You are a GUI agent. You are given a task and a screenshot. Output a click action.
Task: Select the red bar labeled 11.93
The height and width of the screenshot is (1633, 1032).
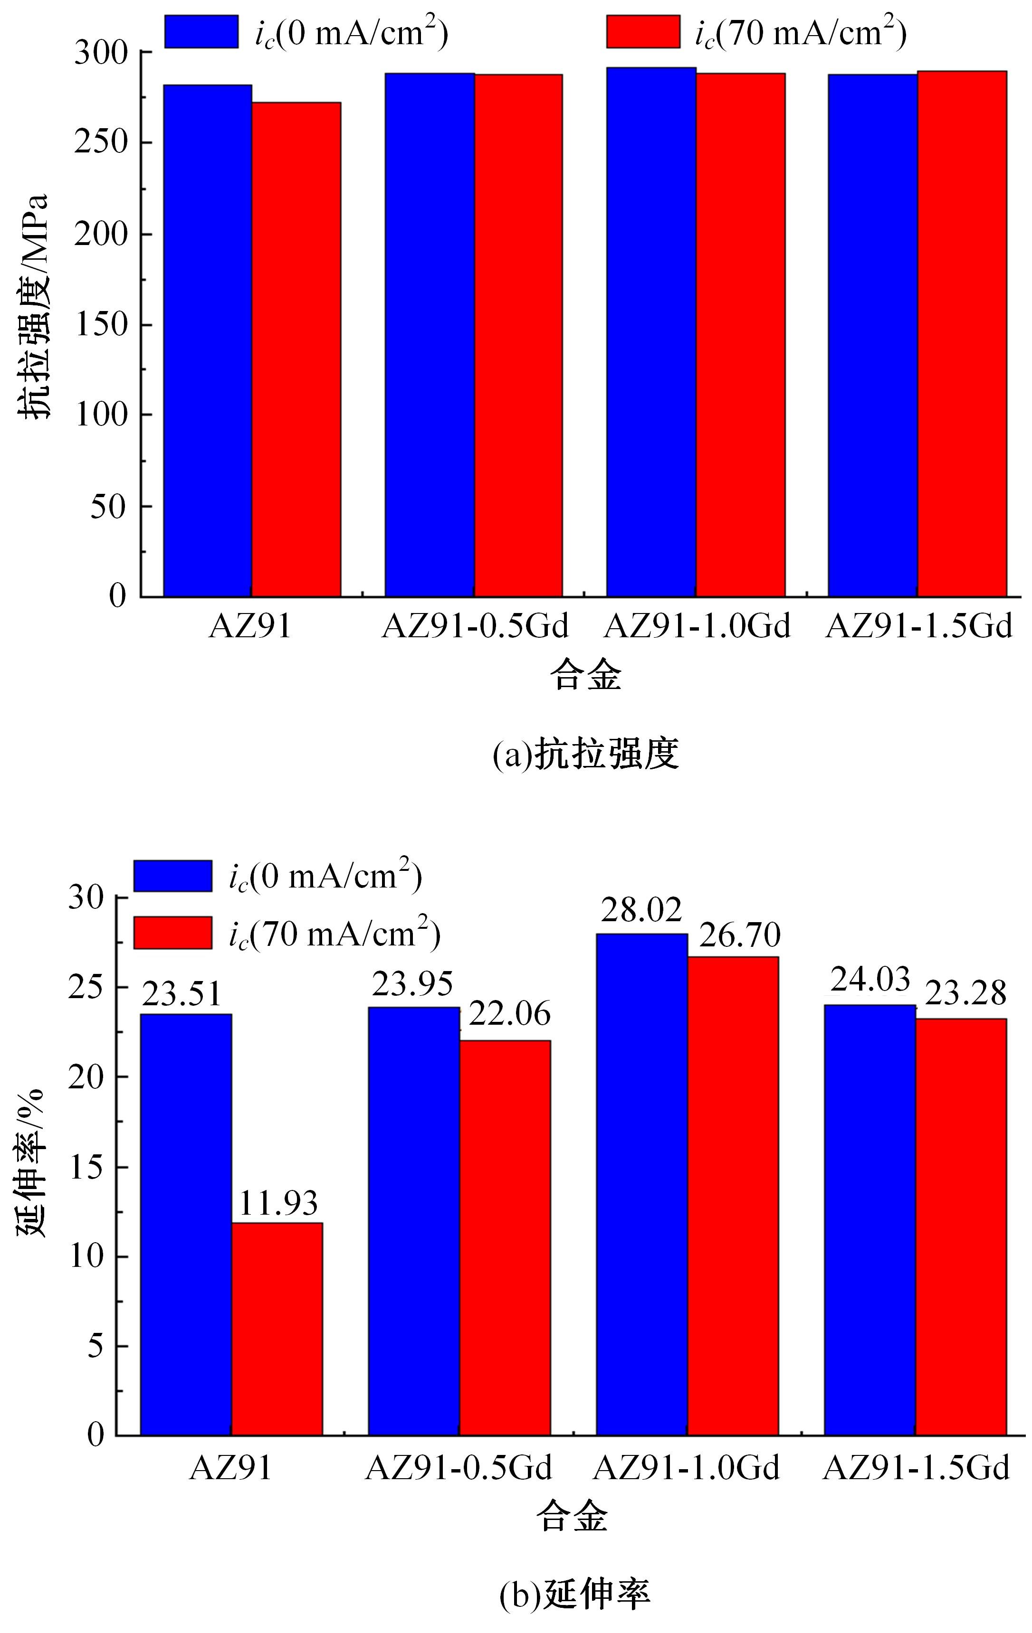(x=277, y=1329)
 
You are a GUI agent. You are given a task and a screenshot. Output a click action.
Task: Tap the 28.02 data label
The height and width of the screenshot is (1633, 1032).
(x=641, y=911)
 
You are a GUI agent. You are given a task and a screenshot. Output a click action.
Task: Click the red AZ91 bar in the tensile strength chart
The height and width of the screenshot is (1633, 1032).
(x=296, y=349)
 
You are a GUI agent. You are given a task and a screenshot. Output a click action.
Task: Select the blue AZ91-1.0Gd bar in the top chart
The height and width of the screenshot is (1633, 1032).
(x=651, y=332)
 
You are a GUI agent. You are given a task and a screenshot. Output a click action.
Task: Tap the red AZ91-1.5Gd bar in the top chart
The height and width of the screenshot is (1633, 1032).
(x=962, y=334)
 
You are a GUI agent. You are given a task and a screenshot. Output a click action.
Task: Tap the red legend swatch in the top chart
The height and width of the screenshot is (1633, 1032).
(x=642, y=31)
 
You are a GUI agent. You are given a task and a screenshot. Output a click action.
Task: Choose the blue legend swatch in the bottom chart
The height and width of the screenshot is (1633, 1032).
(x=172, y=876)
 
